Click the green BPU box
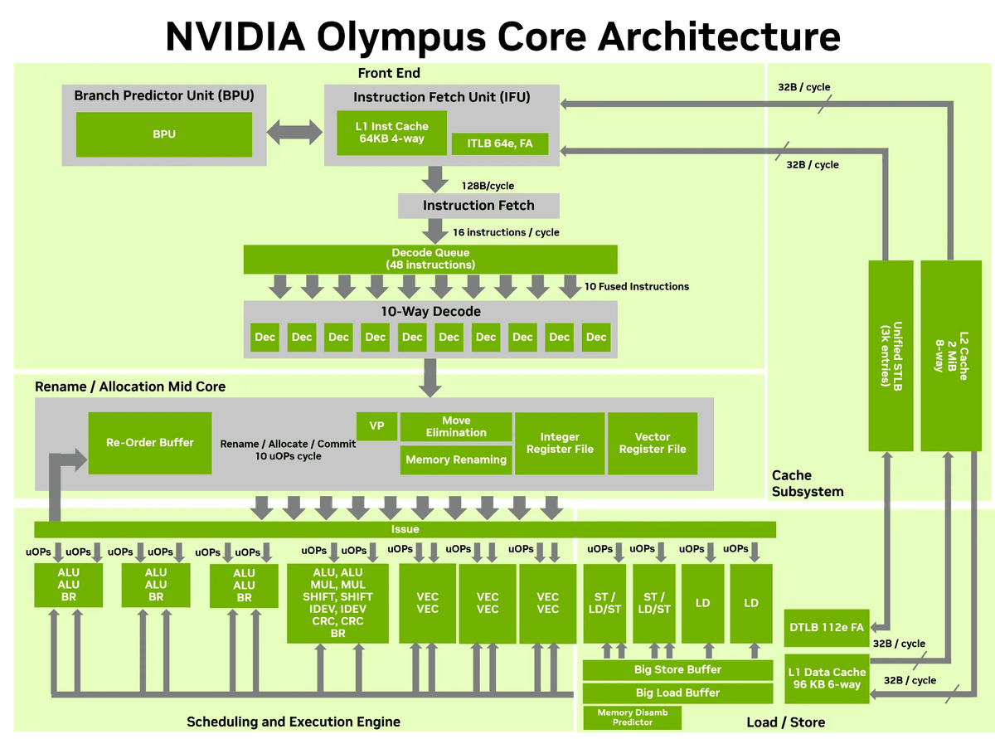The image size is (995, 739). (163, 134)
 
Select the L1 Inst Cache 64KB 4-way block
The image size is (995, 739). (391, 133)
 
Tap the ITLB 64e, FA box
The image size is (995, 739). (499, 143)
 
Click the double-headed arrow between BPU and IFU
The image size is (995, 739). (294, 132)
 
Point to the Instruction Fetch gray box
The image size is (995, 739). (478, 206)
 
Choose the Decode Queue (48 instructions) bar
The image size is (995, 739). (430, 259)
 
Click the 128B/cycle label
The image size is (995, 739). (488, 186)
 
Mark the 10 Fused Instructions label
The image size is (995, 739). (637, 286)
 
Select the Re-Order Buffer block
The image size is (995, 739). (150, 443)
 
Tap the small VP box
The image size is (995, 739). (376, 425)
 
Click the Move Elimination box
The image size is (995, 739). (456, 426)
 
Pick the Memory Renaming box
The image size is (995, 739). (456, 459)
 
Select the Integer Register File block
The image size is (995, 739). (560, 443)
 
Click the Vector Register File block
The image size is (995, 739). (653, 443)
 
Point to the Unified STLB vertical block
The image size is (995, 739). (891, 355)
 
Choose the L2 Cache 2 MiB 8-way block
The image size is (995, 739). (951, 355)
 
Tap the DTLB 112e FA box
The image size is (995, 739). (827, 627)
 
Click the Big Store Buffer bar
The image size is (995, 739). (677, 669)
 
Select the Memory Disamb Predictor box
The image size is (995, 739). (632, 717)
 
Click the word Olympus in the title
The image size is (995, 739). (401, 37)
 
